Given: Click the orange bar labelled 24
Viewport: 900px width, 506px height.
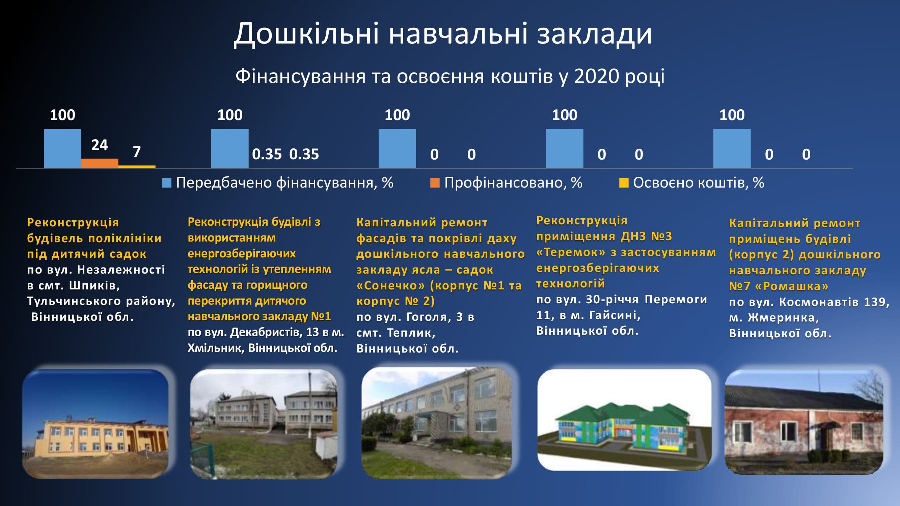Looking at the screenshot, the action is pos(100,163).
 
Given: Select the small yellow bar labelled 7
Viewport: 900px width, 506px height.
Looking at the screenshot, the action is pos(137,167).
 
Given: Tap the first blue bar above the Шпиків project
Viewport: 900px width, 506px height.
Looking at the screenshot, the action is pos(62,149).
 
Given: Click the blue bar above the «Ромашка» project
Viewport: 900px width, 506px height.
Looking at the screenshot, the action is pos(732,149).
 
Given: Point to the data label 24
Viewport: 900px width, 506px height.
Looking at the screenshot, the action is pos(100,145).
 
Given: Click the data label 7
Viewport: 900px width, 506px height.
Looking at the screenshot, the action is pos(137,151).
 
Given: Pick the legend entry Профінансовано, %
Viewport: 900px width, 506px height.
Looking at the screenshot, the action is pos(506,182).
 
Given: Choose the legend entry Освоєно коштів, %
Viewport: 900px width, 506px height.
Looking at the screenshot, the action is pos(691,182).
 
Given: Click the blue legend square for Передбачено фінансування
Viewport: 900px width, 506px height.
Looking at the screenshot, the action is pos(167,182).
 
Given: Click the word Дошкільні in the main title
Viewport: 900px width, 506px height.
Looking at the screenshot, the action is pos(306,34).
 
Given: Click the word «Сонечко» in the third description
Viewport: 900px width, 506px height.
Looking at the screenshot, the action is pos(390,286).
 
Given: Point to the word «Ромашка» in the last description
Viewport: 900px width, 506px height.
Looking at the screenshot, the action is pos(791,286).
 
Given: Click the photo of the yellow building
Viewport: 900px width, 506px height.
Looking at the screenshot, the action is pos(96,424).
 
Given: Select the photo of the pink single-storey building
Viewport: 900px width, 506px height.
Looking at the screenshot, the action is pos(804,422).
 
